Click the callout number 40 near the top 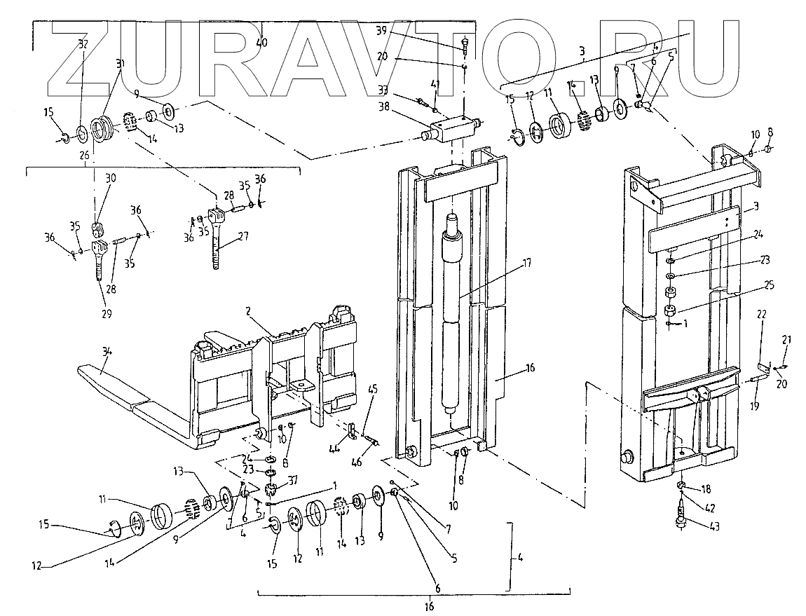point(261,43)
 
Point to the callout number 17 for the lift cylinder point(526,263)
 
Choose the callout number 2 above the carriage point(248,310)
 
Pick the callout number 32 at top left point(83,43)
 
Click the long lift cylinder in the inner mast point(451,315)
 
